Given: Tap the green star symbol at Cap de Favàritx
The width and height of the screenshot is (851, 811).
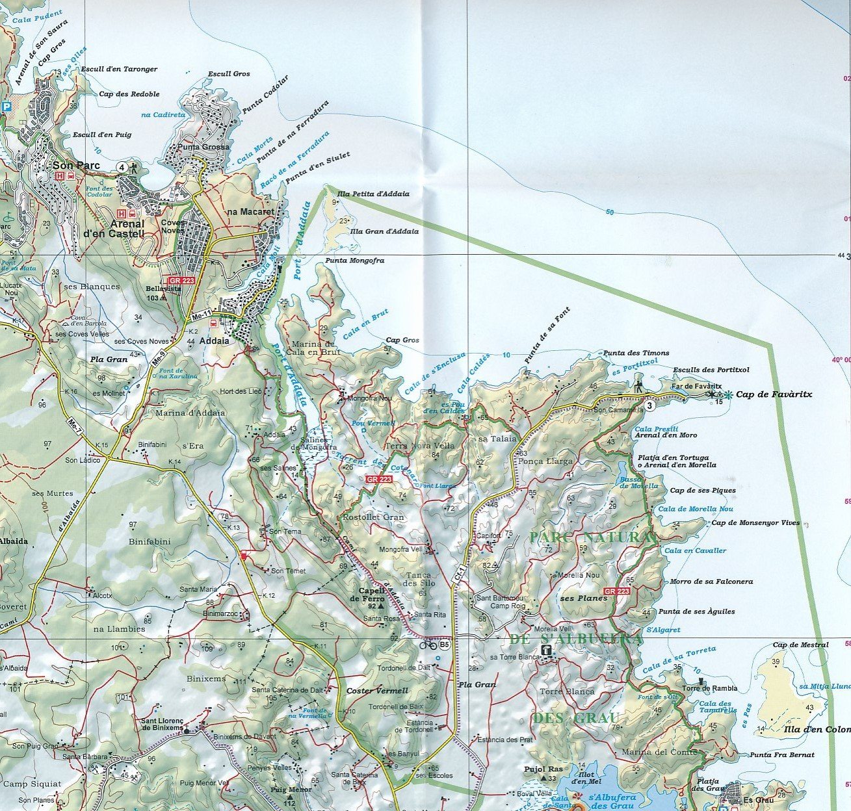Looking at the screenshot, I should point(728,394).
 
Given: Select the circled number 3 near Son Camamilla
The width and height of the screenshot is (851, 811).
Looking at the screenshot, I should point(649,406).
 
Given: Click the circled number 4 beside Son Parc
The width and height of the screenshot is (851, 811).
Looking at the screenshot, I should point(122,167).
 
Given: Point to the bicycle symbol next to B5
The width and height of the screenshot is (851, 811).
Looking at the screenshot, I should point(428,645).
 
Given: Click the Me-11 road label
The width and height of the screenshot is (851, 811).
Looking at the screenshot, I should point(202,316).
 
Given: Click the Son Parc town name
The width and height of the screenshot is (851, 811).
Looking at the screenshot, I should point(77,166).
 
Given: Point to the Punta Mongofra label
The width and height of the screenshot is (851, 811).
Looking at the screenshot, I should point(355,261).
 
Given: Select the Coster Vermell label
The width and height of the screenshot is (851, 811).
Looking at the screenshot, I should point(377,691).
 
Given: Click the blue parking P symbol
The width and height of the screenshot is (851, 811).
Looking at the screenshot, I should point(7,107).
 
